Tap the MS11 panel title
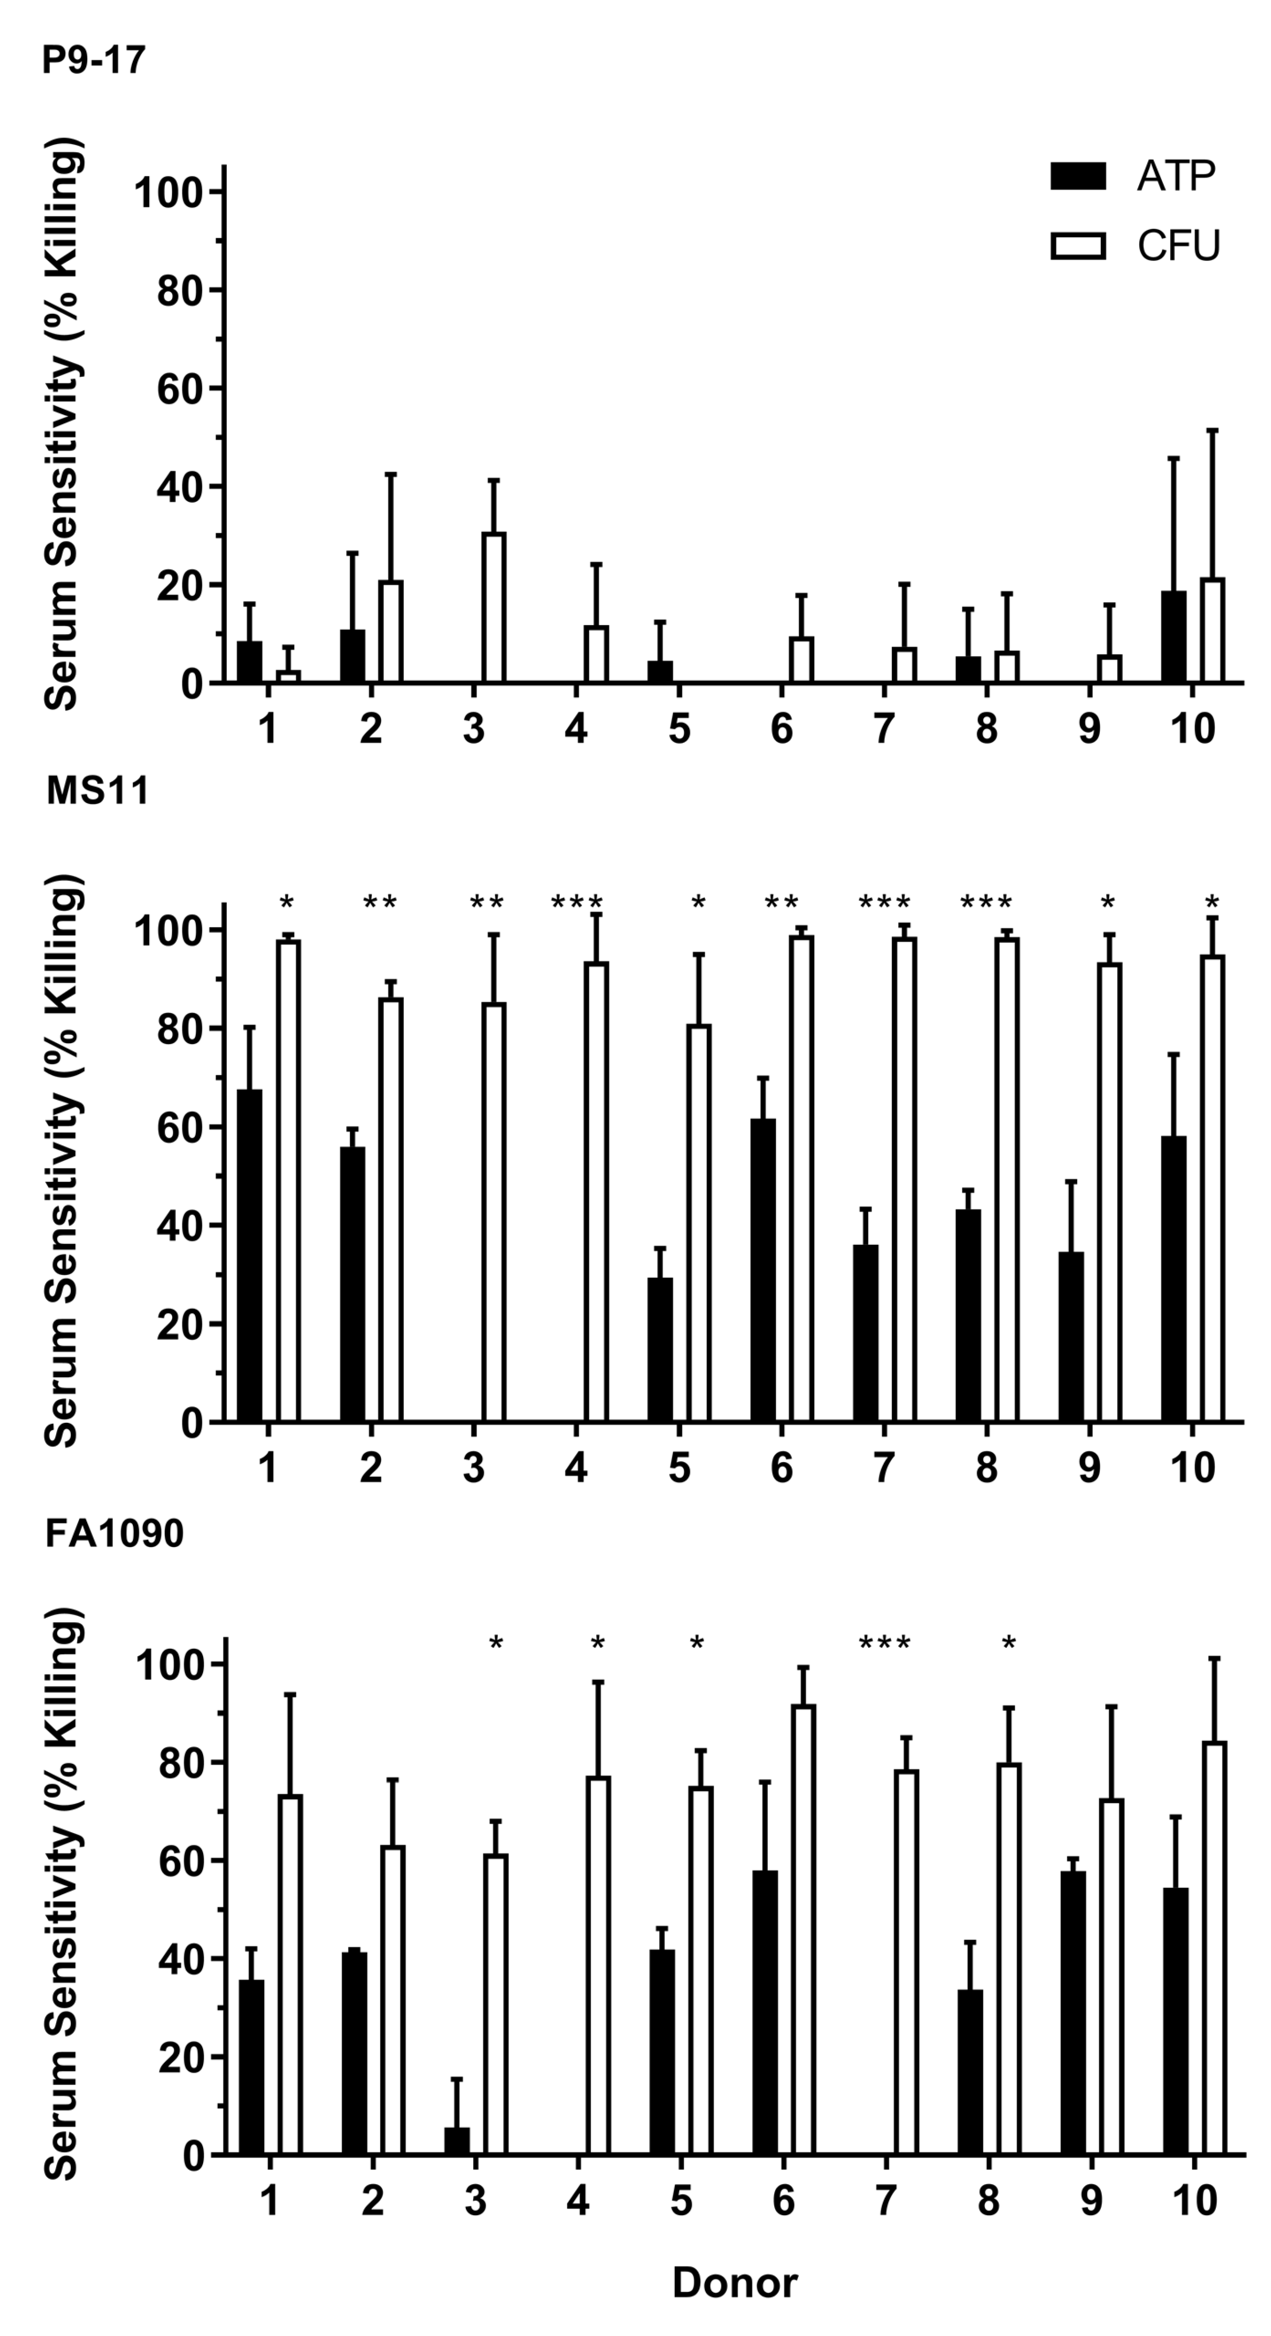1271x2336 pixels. [x=97, y=791]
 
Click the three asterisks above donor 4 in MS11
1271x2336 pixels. [x=576, y=903]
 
